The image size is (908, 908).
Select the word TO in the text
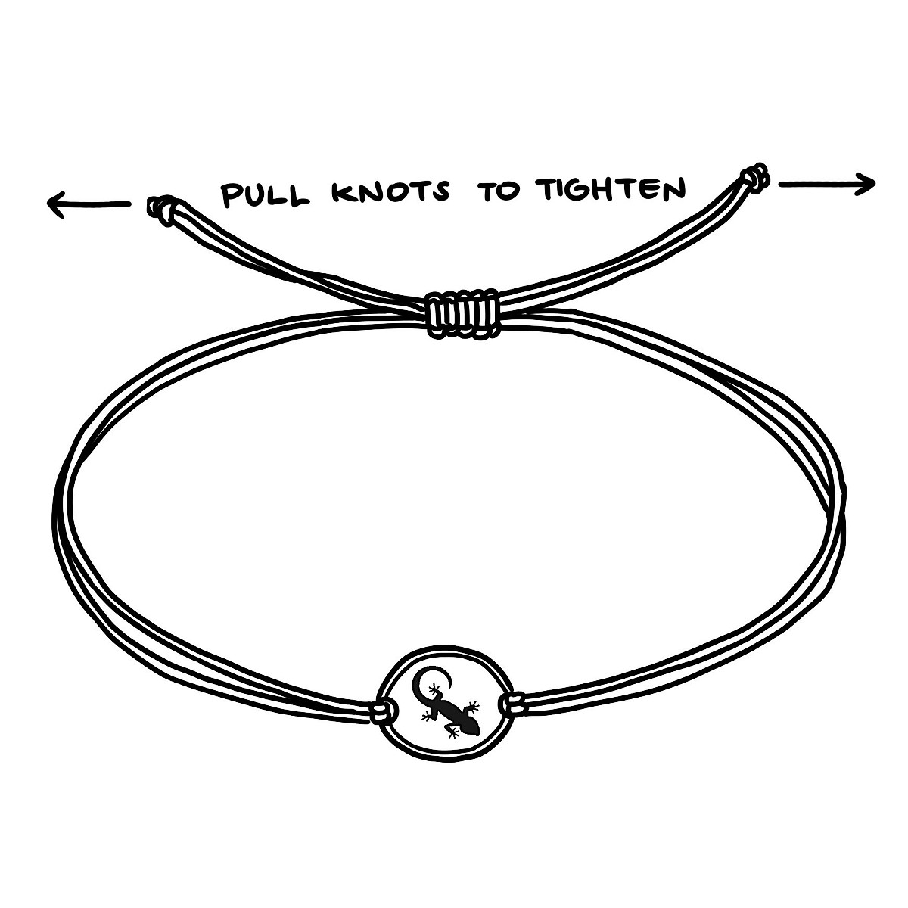point(499,191)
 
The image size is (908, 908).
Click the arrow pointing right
point(826,183)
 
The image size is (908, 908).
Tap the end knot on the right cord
point(754,178)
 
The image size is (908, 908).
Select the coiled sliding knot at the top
point(462,313)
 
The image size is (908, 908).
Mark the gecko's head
point(469,727)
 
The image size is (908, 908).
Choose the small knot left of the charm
point(386,711)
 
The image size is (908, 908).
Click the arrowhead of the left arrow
point(54,204)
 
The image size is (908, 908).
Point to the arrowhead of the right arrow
point(869,183)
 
